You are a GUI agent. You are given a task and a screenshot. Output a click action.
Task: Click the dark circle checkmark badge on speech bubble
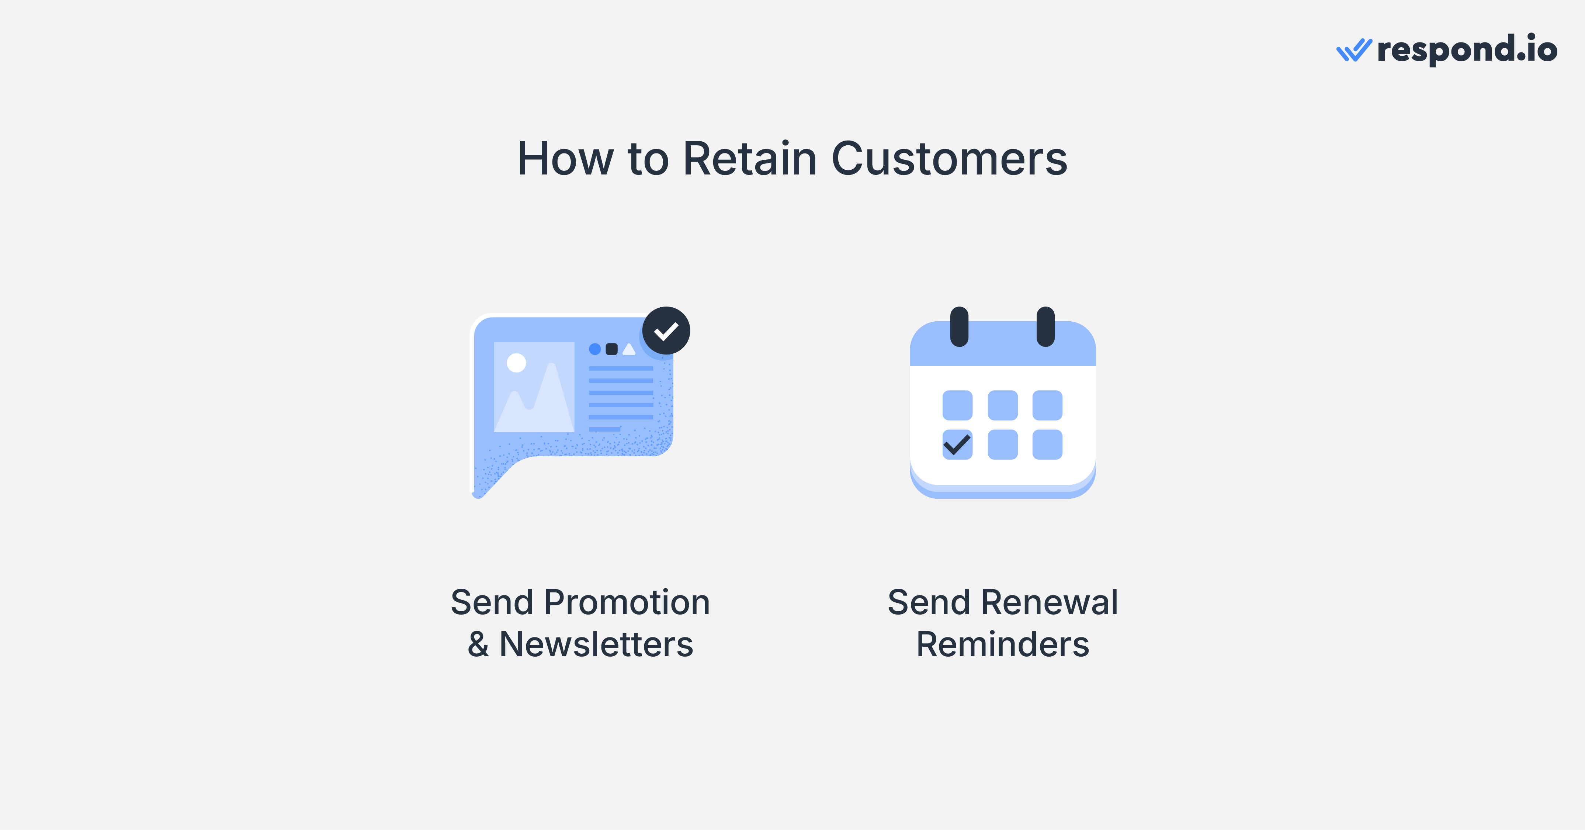coord(666,331)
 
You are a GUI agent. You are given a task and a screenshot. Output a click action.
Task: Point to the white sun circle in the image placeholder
coord(516,363)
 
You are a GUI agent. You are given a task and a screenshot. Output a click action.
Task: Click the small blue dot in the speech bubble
coord(595,349)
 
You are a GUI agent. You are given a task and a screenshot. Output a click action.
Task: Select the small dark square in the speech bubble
coord(611,349)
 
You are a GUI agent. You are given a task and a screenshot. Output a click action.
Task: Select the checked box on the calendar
coord(957,444)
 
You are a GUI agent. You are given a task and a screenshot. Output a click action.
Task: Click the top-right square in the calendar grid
coord(1047,405)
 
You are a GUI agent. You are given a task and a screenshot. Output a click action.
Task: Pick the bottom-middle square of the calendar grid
coord(1002,444)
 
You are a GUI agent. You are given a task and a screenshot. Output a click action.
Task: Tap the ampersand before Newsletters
coord(478,645)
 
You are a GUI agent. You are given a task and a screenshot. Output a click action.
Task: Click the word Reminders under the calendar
coord(1002,645)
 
